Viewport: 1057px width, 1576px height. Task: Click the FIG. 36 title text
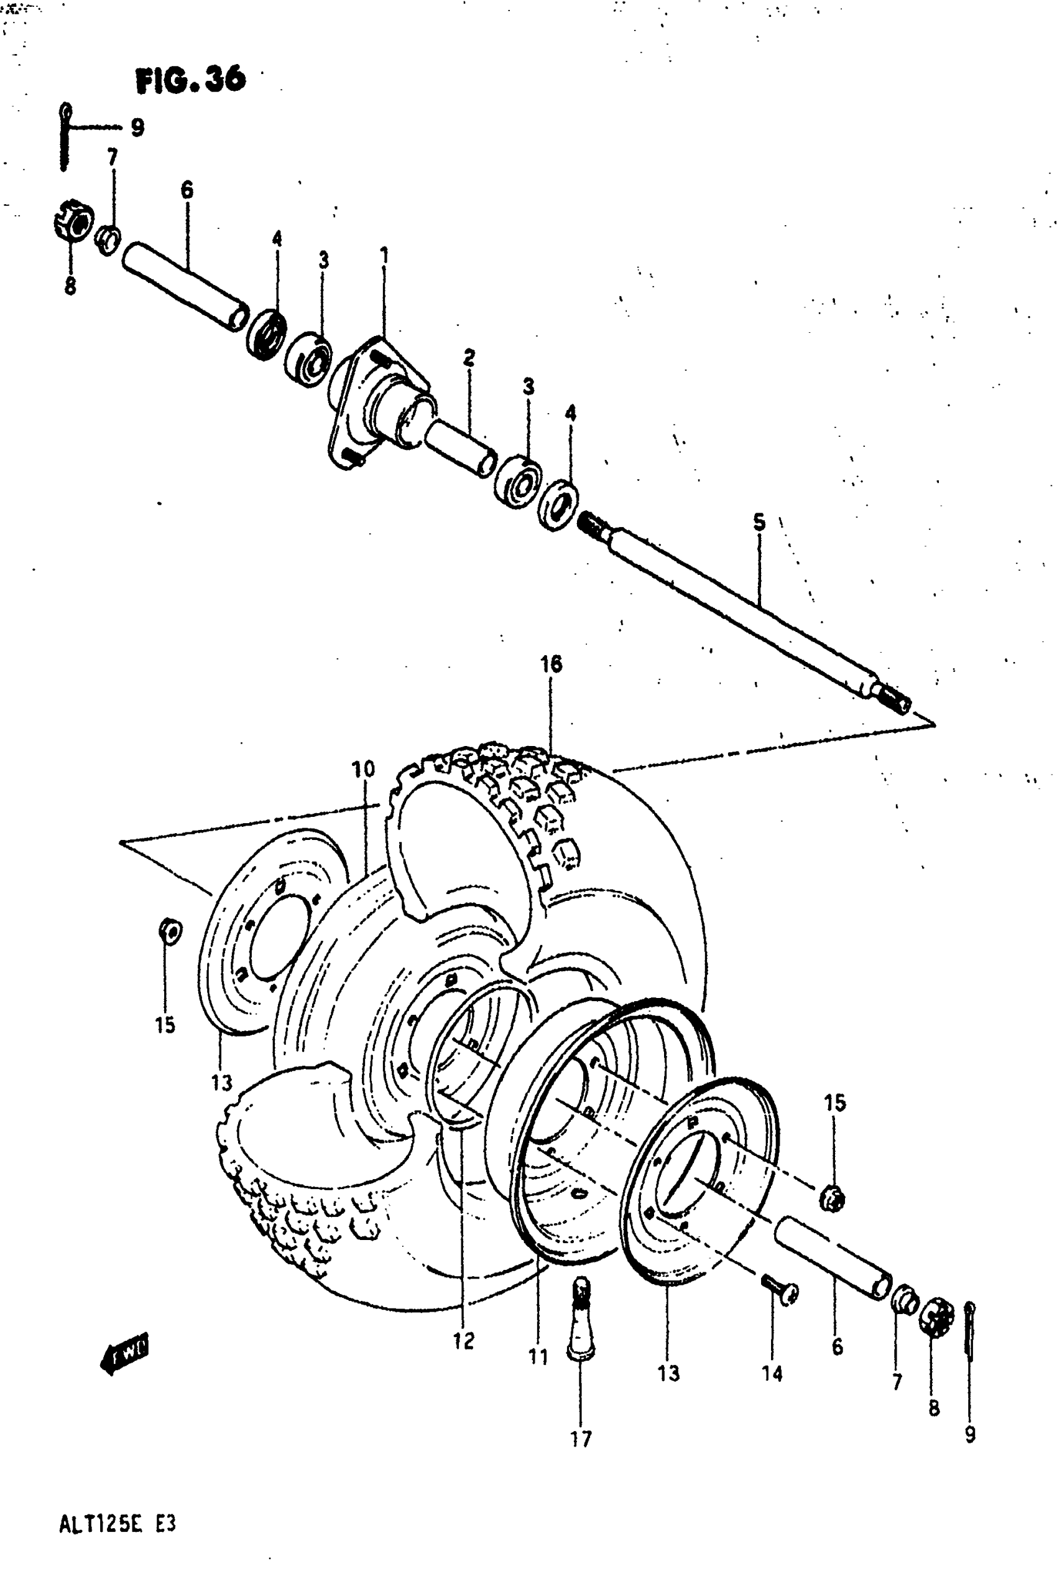click(x=191, y=80)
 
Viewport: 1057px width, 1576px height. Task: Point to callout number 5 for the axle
click(x=759, y=521)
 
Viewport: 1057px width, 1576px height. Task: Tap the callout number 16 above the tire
click(x=551, y=664)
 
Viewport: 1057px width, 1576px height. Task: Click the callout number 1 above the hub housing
click(x=384, y=256)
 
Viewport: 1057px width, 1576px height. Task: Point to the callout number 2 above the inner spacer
click(x=469, y=357)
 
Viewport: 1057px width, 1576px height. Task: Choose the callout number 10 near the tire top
click(x=362, y=768)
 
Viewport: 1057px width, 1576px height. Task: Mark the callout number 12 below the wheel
click(x=464, y=1341)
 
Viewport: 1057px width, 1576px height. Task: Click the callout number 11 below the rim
click(x=538, y=1356)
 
